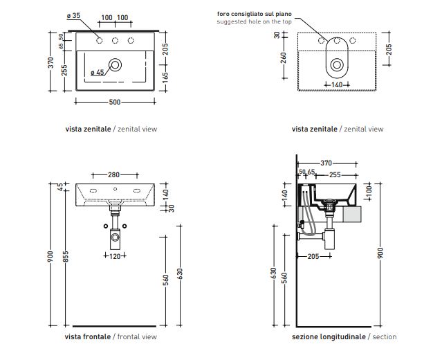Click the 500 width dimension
coord(114,102)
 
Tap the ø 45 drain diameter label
coord(96,72)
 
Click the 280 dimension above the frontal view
coord(114,174)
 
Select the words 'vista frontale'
coord(87,336)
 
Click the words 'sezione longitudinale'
coord(329,336)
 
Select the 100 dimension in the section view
coord(369,188)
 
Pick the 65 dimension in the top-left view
coord(61,46)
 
